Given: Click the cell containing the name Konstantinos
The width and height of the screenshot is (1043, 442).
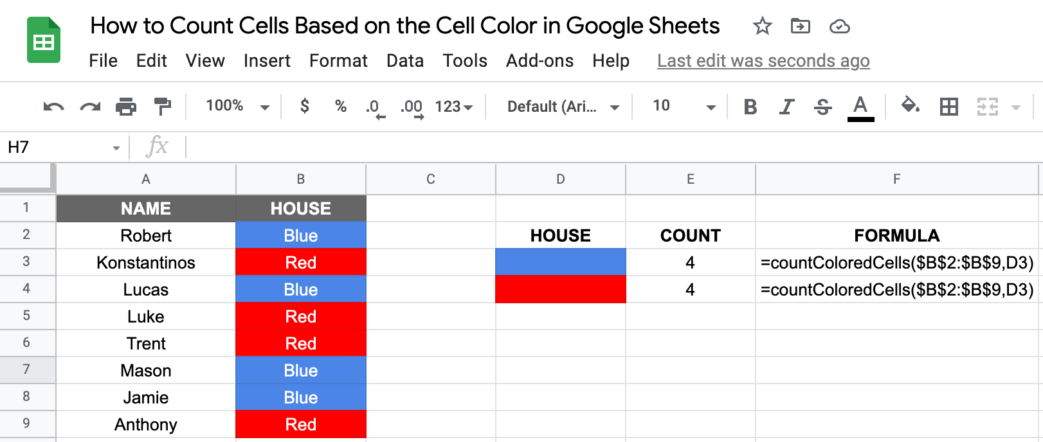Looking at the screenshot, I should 146,263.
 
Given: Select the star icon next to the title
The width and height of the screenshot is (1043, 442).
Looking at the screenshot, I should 762,26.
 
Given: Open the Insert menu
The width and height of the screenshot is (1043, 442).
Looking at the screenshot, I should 267,61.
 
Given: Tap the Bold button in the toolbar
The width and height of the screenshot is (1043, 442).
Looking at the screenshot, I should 750,107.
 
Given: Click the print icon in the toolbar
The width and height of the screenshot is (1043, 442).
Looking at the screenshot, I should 126,107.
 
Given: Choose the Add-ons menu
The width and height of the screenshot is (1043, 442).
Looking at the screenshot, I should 540,61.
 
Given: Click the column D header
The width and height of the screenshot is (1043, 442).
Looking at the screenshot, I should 560,179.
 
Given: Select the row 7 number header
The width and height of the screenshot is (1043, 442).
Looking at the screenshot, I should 26,370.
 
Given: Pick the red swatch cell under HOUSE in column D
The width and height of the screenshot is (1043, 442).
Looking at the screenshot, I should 560,290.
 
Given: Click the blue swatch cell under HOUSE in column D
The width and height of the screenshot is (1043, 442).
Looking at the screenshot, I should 560,263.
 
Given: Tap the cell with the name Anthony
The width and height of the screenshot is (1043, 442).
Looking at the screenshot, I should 146,425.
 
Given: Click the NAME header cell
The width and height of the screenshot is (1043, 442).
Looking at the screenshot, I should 146,209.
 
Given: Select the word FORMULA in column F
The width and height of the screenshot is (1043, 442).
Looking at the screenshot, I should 896,236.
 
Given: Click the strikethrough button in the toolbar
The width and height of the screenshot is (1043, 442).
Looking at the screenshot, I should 822,107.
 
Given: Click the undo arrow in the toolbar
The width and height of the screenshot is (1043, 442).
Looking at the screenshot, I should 53,107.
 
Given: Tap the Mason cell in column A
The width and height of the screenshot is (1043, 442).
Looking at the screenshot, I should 146,371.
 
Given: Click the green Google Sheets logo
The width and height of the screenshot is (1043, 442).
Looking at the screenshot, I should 44,40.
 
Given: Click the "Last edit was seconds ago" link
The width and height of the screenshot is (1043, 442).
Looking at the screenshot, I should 763,61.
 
